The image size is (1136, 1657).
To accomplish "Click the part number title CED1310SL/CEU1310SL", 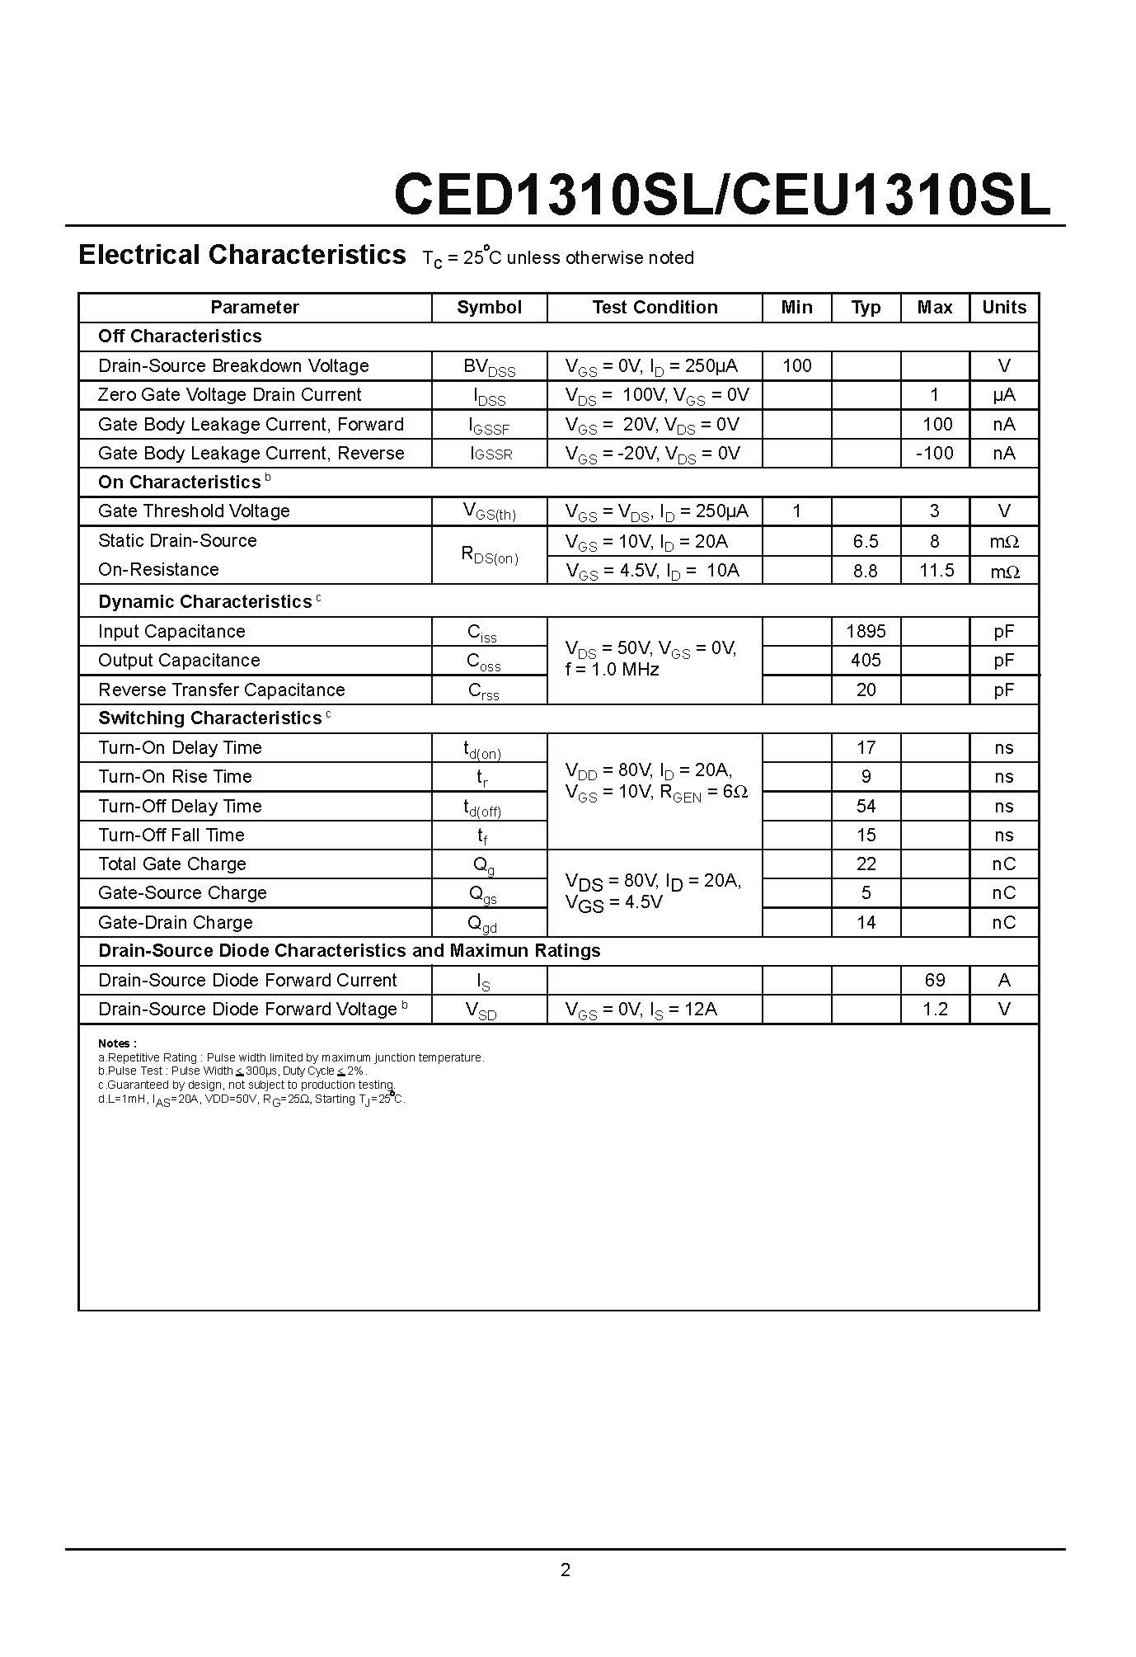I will click(x=722, y=195).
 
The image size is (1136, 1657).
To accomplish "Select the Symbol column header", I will click(x=489, y=308).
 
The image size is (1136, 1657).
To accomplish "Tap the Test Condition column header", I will click(x=655, y=308).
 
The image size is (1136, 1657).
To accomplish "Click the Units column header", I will click(x=1003, y=308).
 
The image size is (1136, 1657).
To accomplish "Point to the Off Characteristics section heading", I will click(x=180, y=337).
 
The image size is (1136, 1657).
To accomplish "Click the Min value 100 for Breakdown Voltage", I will click(x=796, y=365).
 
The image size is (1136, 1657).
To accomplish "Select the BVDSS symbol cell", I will click(x=489, y=367).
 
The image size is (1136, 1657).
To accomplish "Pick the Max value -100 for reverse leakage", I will click(x=934, y=453).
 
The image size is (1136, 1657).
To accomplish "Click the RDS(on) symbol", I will click(x=489, y=555).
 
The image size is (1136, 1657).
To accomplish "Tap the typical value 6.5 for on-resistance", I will click(x=866, y=542).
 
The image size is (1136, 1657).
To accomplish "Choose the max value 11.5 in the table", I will click(x=936, y=571).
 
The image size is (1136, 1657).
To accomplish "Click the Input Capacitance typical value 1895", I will click(x=866, y=632).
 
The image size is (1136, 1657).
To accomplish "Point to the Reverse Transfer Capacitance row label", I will click(x=221, y=690).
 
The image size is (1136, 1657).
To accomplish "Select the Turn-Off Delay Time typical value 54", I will click(x=866, y=806).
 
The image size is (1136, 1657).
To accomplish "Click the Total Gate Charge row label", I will click(x=171, y=864).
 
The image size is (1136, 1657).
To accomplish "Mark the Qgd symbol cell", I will click(x=482, y=924).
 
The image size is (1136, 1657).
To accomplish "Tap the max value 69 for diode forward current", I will click(x=935, y=980).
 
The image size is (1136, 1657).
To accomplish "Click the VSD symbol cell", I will click(x=481, y=1010).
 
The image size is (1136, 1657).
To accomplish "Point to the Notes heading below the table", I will click(x=117, y=1043).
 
